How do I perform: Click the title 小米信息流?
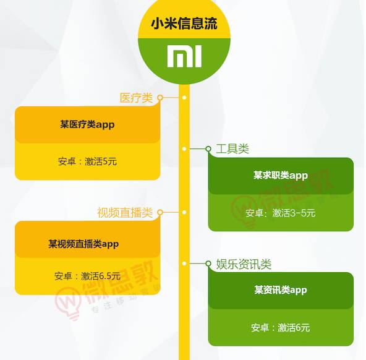tap(184, 24)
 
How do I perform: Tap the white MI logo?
tap(184, 56)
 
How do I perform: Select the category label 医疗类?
tap(136, 98)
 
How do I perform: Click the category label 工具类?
tap(232, 149)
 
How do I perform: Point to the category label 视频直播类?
tap(125, 213)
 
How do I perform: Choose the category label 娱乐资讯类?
tap(244, 264)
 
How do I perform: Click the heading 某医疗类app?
tap(87, 124)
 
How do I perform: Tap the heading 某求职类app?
tap(281, 175)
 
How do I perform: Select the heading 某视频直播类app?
tap(83, 244)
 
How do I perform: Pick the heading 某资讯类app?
tap(281, 290)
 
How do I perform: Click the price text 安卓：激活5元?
tap(87, 161)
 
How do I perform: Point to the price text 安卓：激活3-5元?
tap(281, 213)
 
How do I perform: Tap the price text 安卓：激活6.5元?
tap(87, 276)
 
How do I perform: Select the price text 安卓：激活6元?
tap(281, 328)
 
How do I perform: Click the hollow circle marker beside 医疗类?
tap(160, 97)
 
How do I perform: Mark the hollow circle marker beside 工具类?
tap(208, 148)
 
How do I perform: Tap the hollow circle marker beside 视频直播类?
tap(160, 212)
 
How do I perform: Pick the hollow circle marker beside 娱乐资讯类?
tap(208, 264)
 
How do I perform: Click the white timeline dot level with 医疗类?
tap(184, 97)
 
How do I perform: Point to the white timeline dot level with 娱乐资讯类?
tap(184, 264)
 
